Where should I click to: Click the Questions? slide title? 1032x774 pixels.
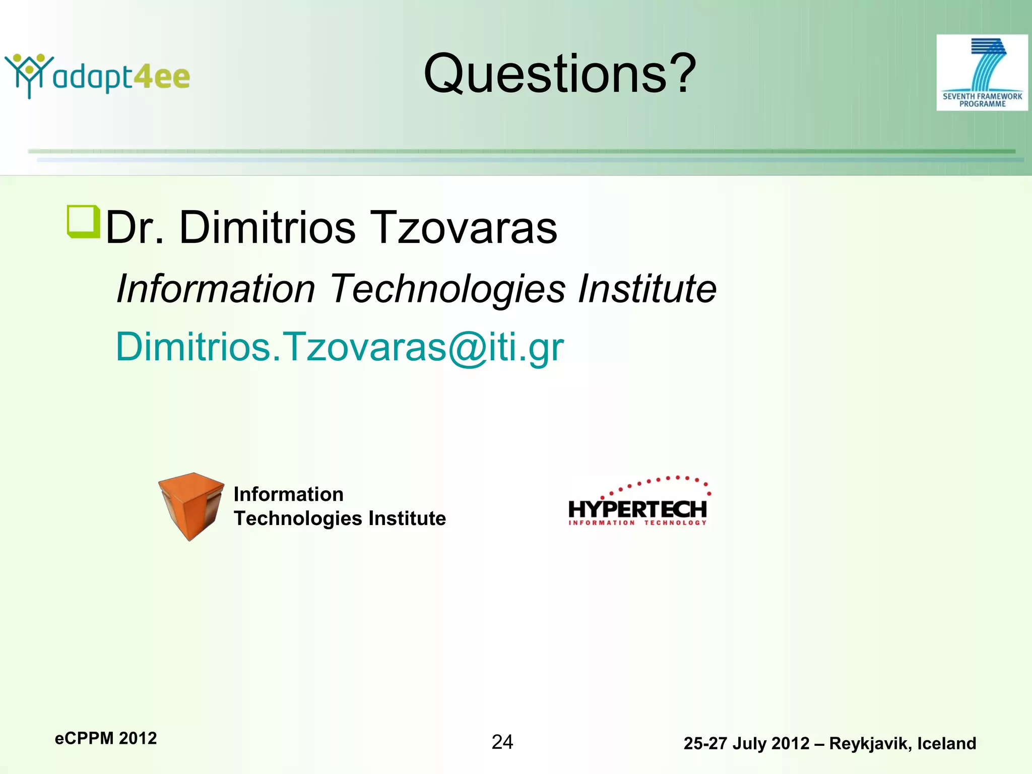[559, 74]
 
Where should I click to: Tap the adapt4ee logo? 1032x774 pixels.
[98, 76]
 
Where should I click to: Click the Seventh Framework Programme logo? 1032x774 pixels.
[982, 73]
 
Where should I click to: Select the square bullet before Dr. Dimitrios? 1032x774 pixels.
[83, 221]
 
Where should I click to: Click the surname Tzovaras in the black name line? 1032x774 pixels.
[464, 228]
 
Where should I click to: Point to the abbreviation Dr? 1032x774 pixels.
[135, 228]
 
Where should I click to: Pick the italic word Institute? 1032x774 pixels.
[647, 289]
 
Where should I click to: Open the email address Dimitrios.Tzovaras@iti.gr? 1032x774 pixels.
[340, 347]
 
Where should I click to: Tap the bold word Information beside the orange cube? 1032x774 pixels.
[288, 494]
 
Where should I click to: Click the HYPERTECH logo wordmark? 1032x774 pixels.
[637, 509]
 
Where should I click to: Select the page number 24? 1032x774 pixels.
[502, 742]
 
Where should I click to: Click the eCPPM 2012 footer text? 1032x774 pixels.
[106, 738]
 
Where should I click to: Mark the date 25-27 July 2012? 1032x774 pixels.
[746, 744]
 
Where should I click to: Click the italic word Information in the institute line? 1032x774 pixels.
[216, 289]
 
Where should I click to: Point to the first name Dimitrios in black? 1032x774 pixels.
[267, 228]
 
